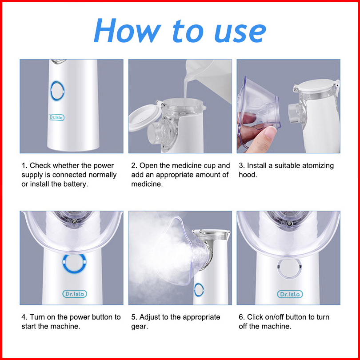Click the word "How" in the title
click(128, 31)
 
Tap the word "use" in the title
click(240, 33)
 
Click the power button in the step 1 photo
click(57, 91)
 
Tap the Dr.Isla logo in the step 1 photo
click(56, 117)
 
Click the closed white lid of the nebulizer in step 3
click(316, 86)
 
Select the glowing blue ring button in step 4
click(74, 263)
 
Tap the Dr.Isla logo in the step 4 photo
click(75, 294)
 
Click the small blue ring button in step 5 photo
click(199, 289)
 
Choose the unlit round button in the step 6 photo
click(289, 268)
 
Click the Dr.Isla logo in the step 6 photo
click(290, 294)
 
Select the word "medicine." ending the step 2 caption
click(147, 184)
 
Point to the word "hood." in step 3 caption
click(248, 175)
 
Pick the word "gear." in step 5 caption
click(140, 327)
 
